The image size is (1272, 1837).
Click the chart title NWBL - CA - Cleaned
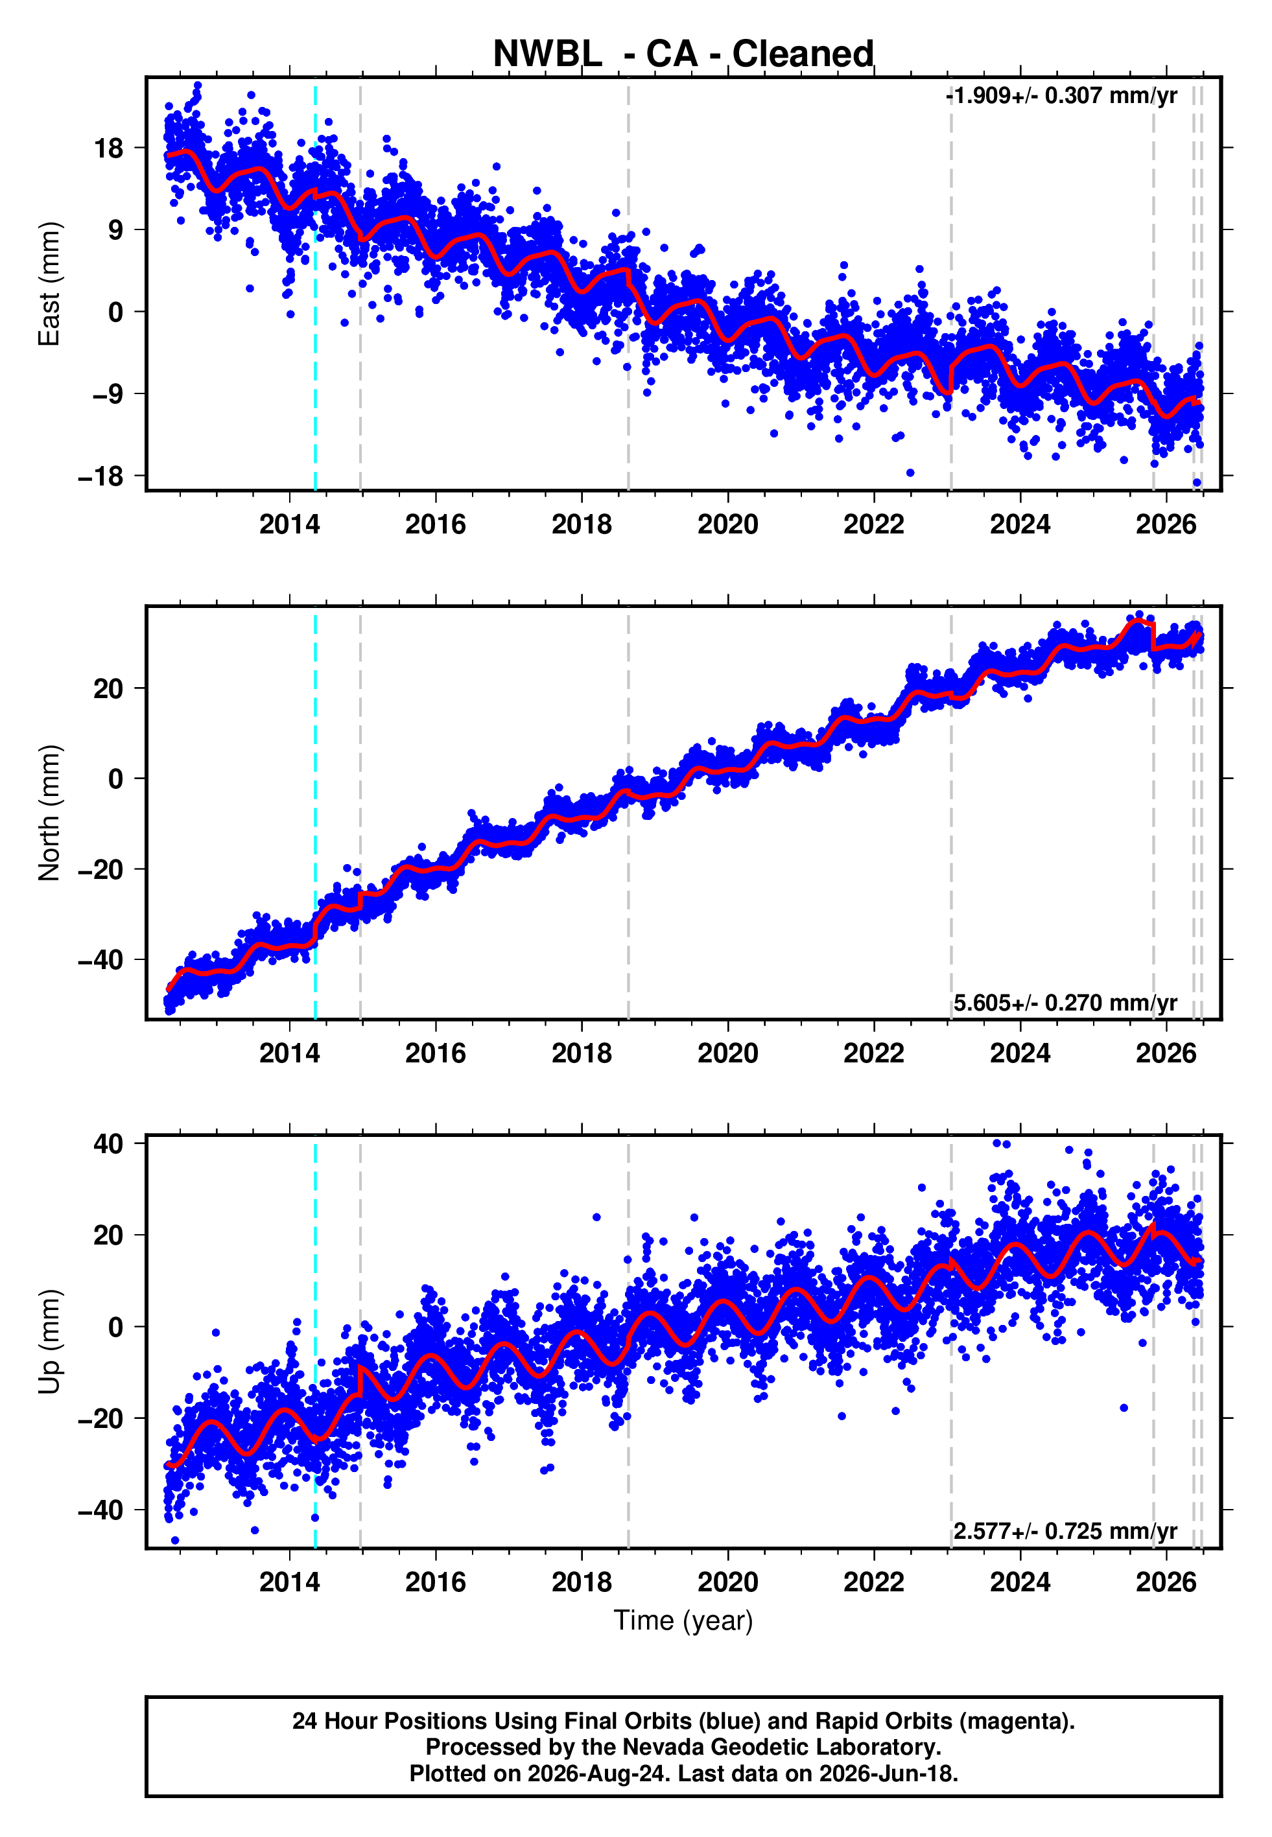683,54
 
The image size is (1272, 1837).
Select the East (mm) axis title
49,284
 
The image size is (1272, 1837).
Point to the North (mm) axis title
49,813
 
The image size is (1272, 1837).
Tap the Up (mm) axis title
49,1342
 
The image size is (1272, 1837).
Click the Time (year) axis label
683,1621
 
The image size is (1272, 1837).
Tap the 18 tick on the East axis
109,148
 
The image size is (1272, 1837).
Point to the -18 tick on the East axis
100,476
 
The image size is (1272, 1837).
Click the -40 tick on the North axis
100,960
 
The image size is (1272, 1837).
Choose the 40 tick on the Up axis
108,1144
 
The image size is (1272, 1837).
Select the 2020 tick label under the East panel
727,524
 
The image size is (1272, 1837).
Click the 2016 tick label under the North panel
435,1053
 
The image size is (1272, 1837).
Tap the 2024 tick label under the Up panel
1020,1582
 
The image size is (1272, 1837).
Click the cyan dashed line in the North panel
315,813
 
